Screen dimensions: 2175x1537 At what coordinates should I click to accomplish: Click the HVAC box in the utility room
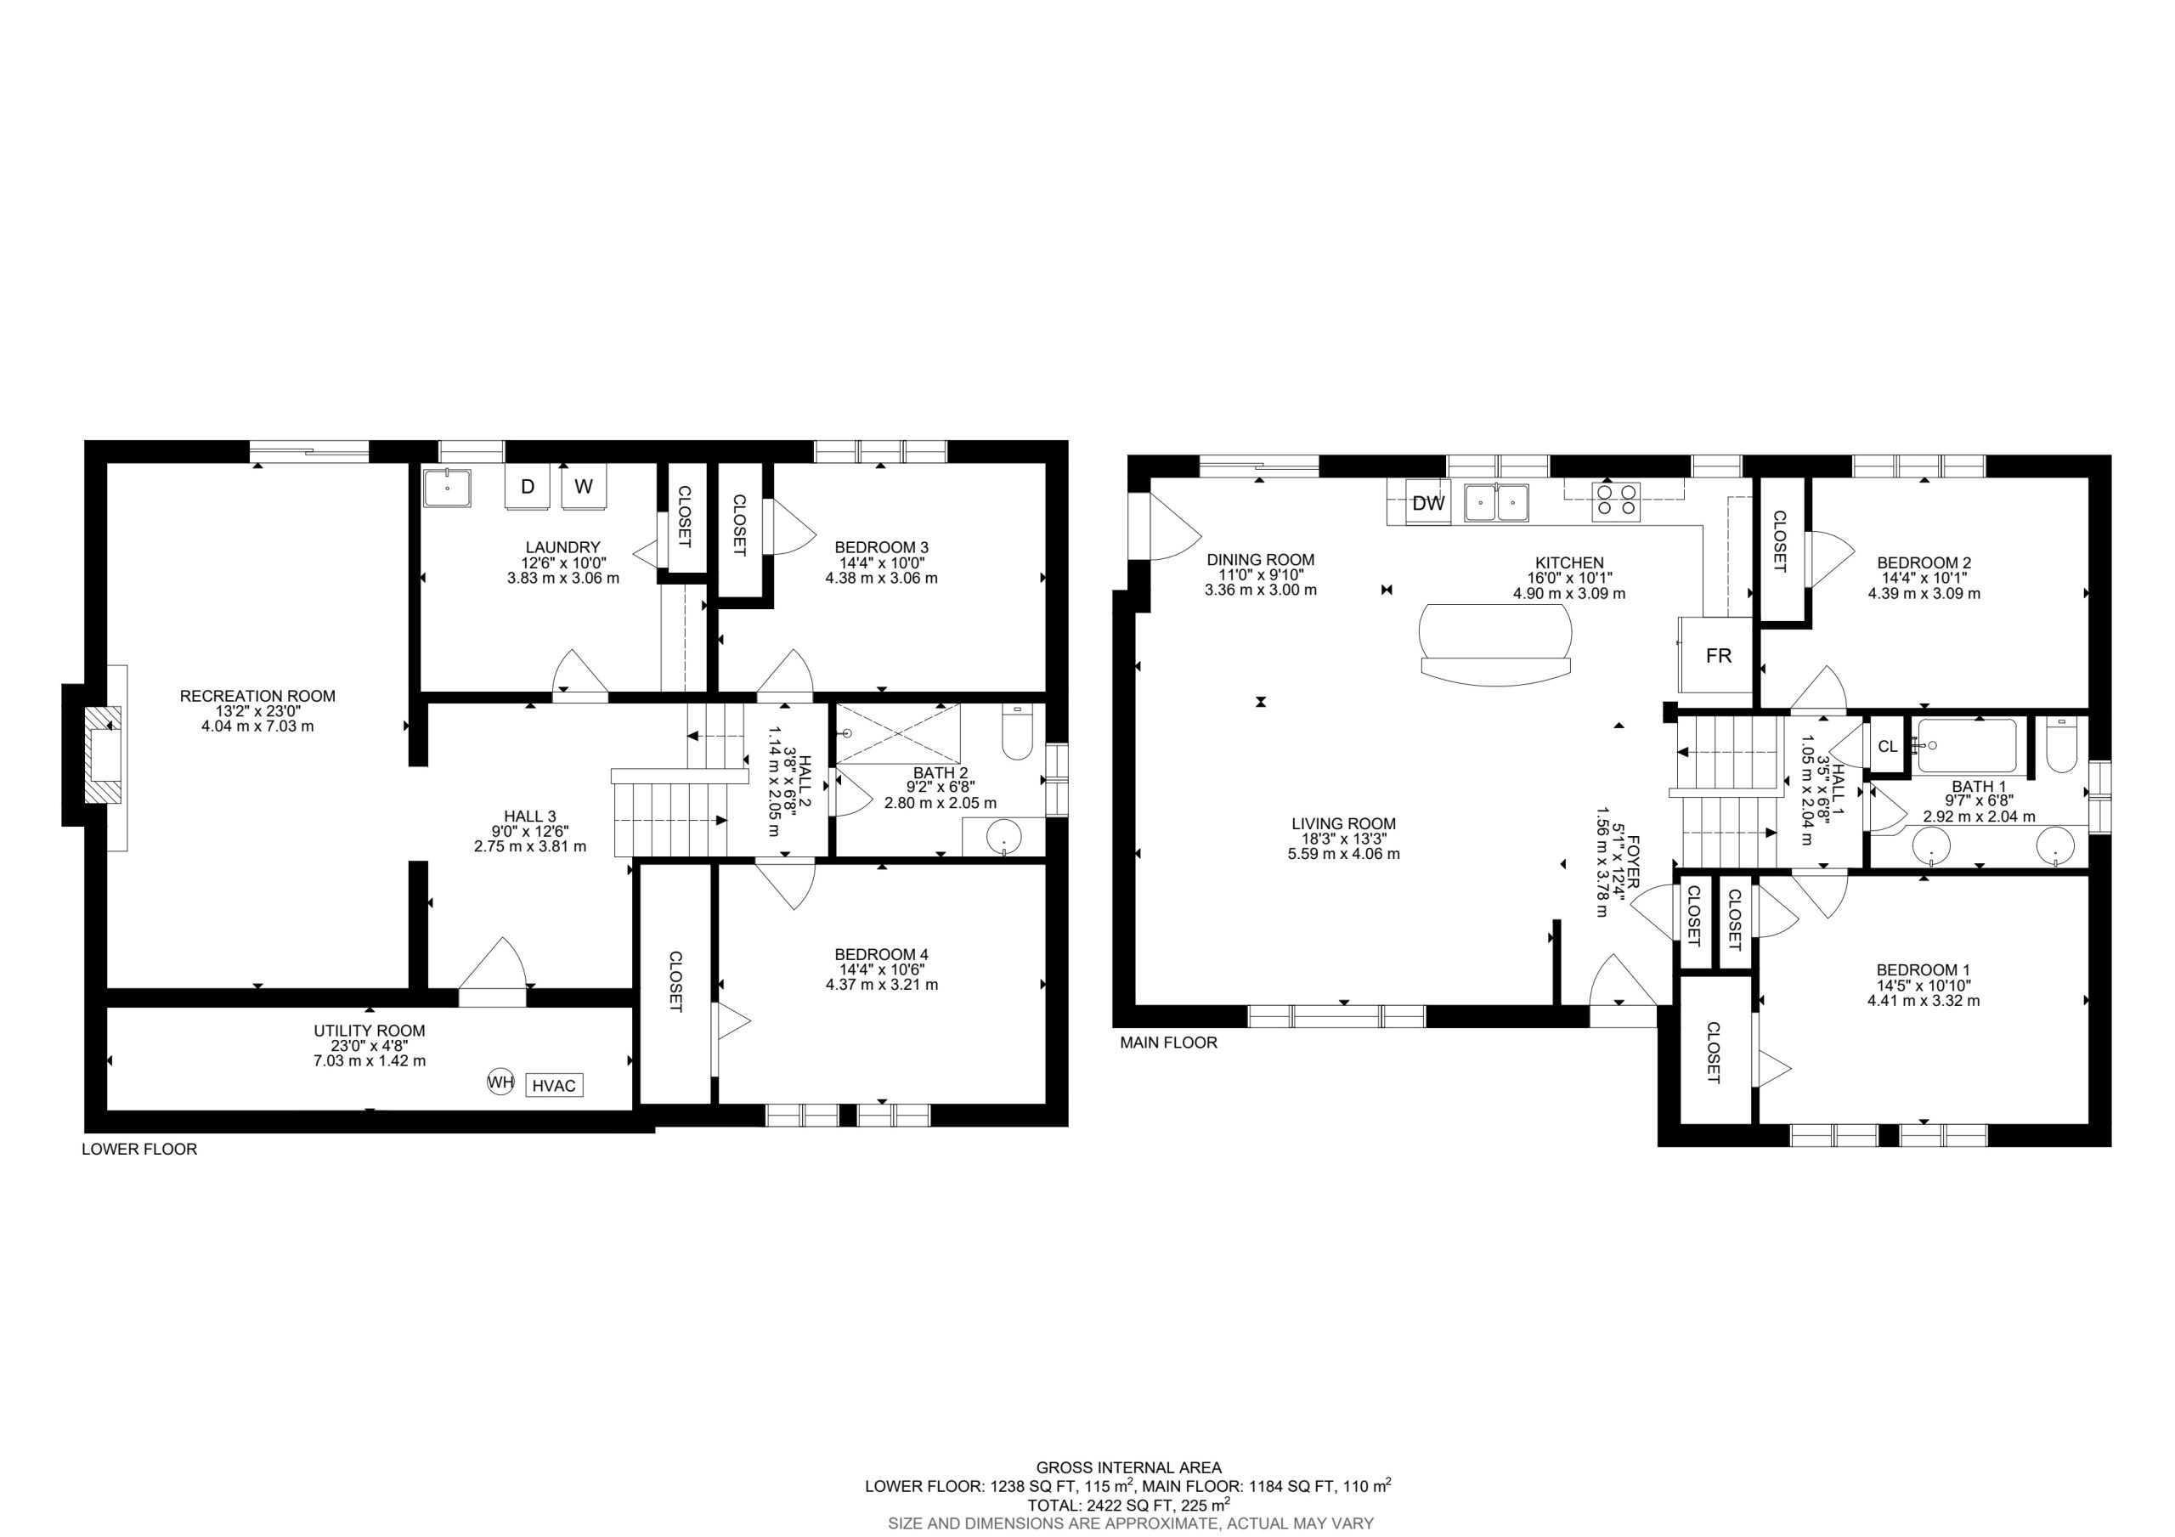(554, 1085)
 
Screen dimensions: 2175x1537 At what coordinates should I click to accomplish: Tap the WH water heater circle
(500, 1082)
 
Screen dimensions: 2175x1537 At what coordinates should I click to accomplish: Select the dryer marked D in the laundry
(528, 486)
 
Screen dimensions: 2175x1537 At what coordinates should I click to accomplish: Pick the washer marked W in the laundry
(584, 486)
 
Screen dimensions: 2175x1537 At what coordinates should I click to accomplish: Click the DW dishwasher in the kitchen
(1427, 503)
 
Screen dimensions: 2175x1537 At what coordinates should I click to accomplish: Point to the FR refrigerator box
(1717, 655)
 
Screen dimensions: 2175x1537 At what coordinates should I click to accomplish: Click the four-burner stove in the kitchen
(1616, 500)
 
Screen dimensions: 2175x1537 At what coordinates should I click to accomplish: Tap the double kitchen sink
(1497, 502)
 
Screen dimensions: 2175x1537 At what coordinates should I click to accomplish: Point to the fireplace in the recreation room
(105, 754)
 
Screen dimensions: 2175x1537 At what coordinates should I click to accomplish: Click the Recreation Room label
(257, 697)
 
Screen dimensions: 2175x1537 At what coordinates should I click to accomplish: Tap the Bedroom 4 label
(881, 954)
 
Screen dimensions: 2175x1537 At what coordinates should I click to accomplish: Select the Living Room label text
(1343, 824)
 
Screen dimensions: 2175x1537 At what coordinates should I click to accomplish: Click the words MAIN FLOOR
(1168, 1043)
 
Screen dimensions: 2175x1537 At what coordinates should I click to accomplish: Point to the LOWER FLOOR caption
(139, 1150)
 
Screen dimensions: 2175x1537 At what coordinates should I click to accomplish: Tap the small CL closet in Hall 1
(1887, 746)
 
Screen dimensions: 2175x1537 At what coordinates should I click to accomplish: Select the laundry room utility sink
(447, 488)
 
